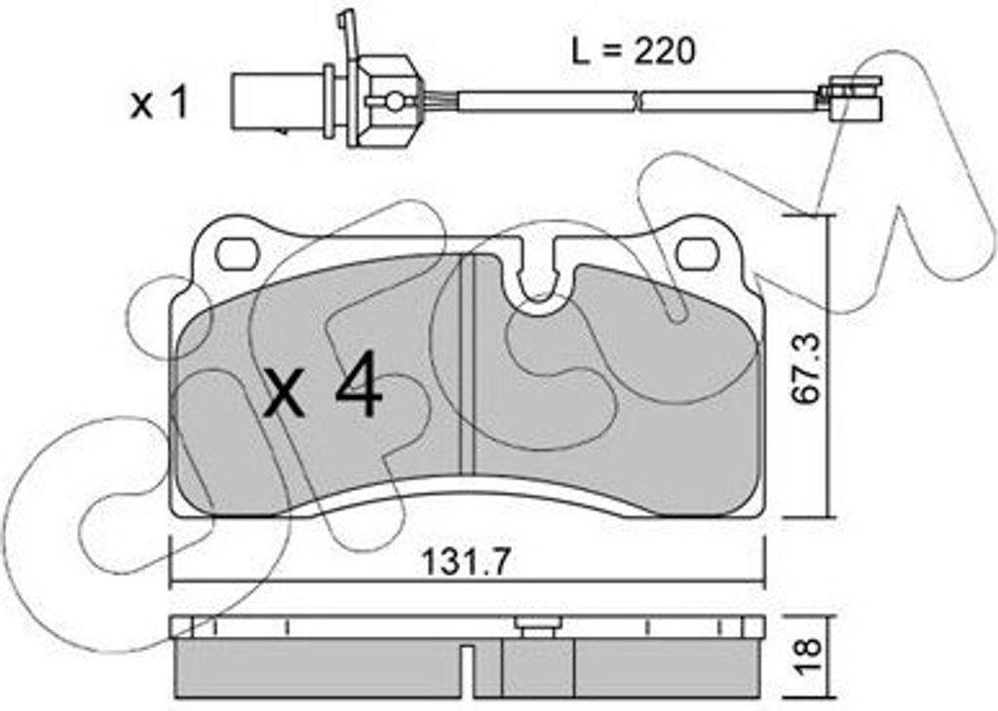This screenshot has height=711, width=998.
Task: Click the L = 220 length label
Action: [x=633, y=51]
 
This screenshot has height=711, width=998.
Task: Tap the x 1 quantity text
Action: [x=159, y=103]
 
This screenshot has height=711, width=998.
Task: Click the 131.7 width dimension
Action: [x=467, y=562]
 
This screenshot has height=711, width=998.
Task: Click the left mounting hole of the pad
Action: [x=239, y=254]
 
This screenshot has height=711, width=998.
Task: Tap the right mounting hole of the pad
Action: [x=698, y=254]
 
